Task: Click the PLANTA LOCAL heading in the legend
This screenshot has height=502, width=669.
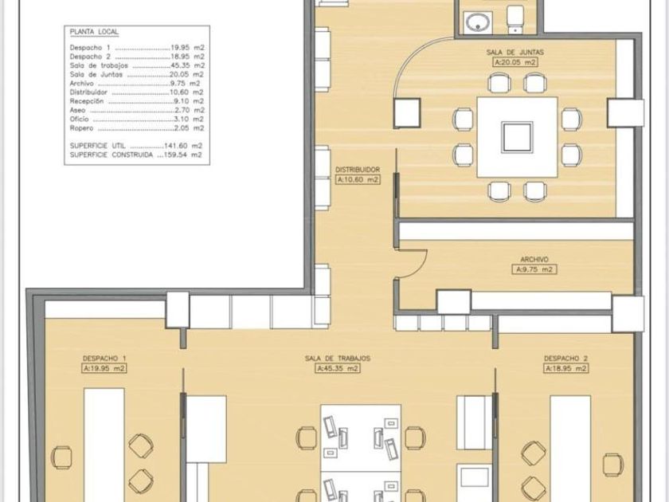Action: click(94, 32)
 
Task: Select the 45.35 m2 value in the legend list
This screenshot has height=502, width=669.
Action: click(190, 65)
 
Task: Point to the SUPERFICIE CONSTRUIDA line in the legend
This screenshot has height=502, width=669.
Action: click(135, 155)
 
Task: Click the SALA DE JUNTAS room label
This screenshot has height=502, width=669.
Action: click(515, 53)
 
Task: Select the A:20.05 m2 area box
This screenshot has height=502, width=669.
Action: click(515, 62)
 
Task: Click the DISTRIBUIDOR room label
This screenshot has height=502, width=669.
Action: click(358, 170)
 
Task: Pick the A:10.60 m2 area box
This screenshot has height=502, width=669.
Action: click(358, 180)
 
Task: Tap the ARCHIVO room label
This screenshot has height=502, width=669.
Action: click(534, 260)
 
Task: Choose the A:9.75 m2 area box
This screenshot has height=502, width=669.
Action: click(534, 269)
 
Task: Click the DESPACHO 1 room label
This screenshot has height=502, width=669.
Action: click(104, 359)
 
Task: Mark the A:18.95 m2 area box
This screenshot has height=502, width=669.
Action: click(566, 368)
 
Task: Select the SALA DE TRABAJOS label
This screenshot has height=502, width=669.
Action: click(338, 359)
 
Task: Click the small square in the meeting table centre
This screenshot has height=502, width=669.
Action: click(517, 137)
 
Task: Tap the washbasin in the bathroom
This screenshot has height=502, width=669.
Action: click(477, 22)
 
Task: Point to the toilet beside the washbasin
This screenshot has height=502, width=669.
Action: click(515, 20)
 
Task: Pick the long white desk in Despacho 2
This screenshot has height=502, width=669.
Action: click(570, 448)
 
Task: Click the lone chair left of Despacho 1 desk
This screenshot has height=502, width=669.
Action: click(62, 457)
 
